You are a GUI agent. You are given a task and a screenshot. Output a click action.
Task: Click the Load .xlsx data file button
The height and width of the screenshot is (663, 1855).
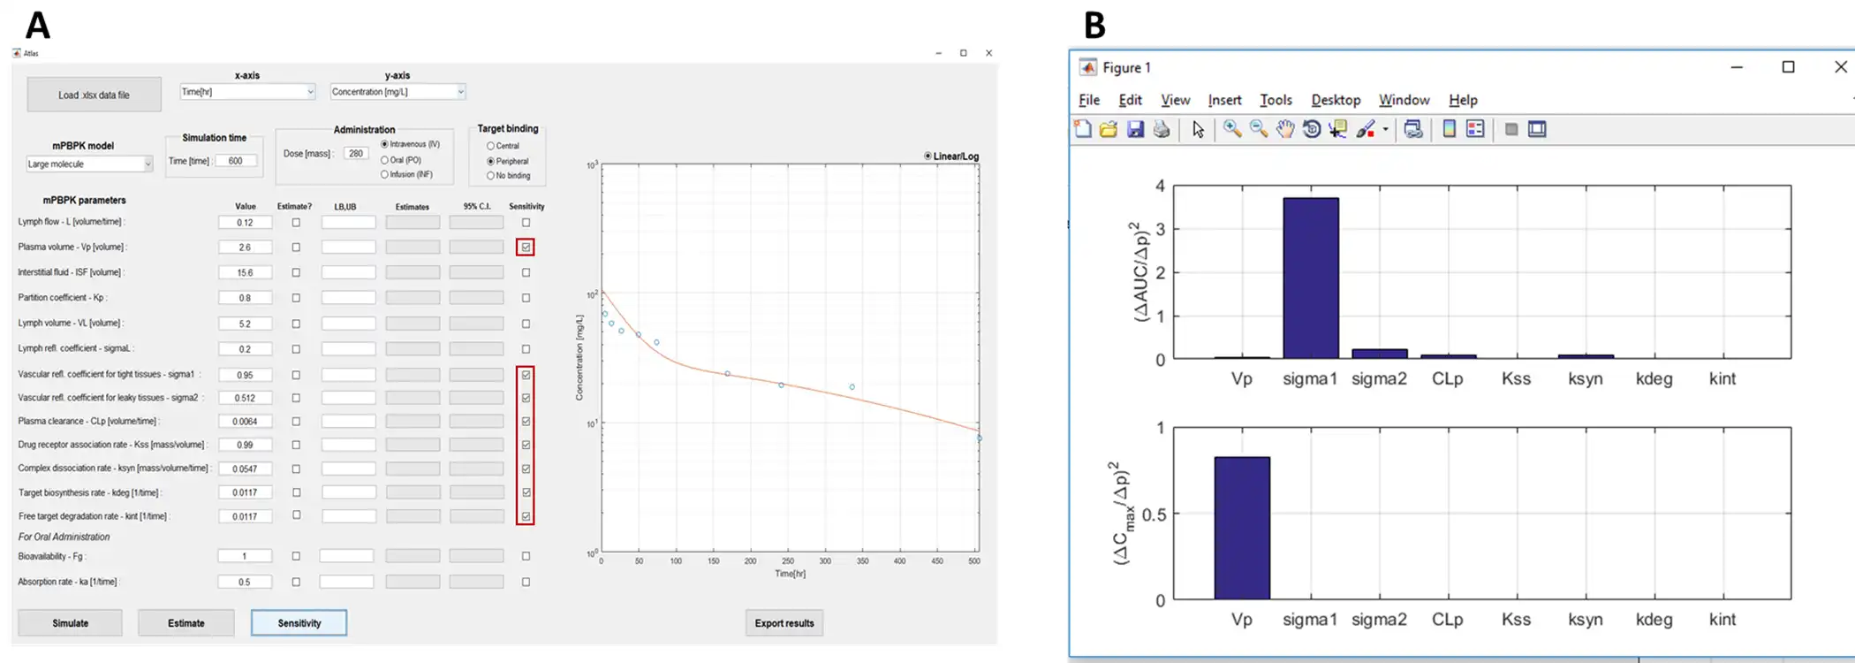tap(94, 95)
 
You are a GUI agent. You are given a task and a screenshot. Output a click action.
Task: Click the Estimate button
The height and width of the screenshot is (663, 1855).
tap(185, 623)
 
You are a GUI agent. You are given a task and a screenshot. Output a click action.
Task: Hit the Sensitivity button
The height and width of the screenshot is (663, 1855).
tap(299, 623)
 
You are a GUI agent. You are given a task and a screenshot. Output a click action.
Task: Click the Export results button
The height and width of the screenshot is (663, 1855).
tap(784, 623)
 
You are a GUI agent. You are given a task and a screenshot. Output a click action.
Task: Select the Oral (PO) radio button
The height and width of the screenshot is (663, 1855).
tap(385, 160)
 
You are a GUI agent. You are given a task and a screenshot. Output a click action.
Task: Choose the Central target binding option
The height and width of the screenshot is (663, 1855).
tap(491, 146)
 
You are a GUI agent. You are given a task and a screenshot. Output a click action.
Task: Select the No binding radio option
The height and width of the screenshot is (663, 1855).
tap(491, 176)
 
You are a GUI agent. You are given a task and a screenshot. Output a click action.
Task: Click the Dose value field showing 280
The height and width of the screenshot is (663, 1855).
tap(356, 153)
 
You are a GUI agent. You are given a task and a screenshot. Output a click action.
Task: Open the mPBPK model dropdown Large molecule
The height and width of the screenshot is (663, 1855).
tap(89, 164)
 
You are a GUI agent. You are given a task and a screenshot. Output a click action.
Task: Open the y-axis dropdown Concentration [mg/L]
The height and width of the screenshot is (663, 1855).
tap(397, 92)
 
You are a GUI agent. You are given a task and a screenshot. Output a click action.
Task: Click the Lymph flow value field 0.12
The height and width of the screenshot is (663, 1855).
tap(245, 223)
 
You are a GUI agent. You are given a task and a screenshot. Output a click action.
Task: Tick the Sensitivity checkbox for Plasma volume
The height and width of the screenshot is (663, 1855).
tap(526, 248)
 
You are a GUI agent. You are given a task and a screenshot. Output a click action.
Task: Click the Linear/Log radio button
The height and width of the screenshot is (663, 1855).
tap(927, 156)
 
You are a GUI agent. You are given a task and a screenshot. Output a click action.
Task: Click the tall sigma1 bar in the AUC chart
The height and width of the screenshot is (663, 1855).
tap(1310, 278)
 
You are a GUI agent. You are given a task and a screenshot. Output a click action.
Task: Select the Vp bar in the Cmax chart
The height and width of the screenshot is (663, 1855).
tap(1241, 528)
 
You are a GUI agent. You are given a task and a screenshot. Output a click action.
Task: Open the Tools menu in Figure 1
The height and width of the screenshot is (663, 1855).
tap(1276, 100)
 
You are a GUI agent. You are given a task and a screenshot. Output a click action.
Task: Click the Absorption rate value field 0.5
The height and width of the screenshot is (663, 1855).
tap(245, 582)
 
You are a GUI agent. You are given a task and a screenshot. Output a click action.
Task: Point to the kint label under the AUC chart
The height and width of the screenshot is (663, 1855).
tap(1722, 379)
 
